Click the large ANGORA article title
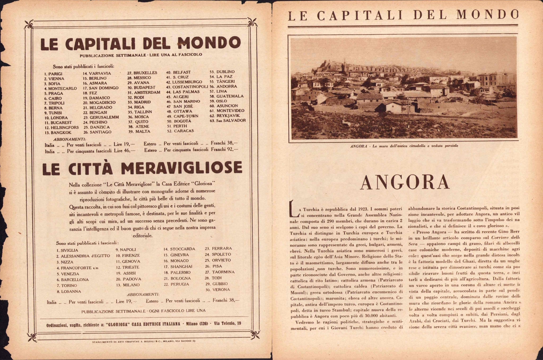coord(405,182)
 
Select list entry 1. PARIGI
coord(53,74)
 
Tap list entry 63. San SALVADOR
coord(228,120)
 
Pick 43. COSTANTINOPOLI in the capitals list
coord(187,87)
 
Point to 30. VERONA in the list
coord(218,290)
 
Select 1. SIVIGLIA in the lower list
coord(67,250)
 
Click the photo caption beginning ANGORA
coord(404,146)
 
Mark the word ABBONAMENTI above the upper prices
coord(69,139)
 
